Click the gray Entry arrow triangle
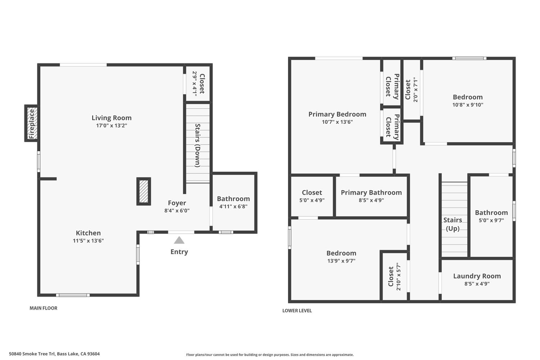(x=179, y=240)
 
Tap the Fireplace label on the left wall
(x=32, y=123)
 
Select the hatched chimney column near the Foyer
(x=144, y=192)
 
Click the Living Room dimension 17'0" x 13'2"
(x=112, y=126)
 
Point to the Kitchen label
(x=88, y=233)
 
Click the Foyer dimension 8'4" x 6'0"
(x=177, y=211)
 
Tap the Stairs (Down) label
(x=197, y=145)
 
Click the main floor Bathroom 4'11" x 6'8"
(x=233, y=202)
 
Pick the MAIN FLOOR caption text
(x=43, y=308)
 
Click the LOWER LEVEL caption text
(x=297, y=311)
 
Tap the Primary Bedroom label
(x=337, y=114)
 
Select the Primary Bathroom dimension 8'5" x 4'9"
(x=371, y=200)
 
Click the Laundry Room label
(x=477, y=276)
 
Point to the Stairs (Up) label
(x=453, y=224)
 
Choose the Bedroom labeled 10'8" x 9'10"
(x=468, y=100)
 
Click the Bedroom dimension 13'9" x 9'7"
(x=341, y=261)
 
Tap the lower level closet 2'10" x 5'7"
(x=395, y=276)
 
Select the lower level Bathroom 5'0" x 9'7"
(x=491, y=216)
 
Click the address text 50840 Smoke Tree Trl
(x=54, y=354)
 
